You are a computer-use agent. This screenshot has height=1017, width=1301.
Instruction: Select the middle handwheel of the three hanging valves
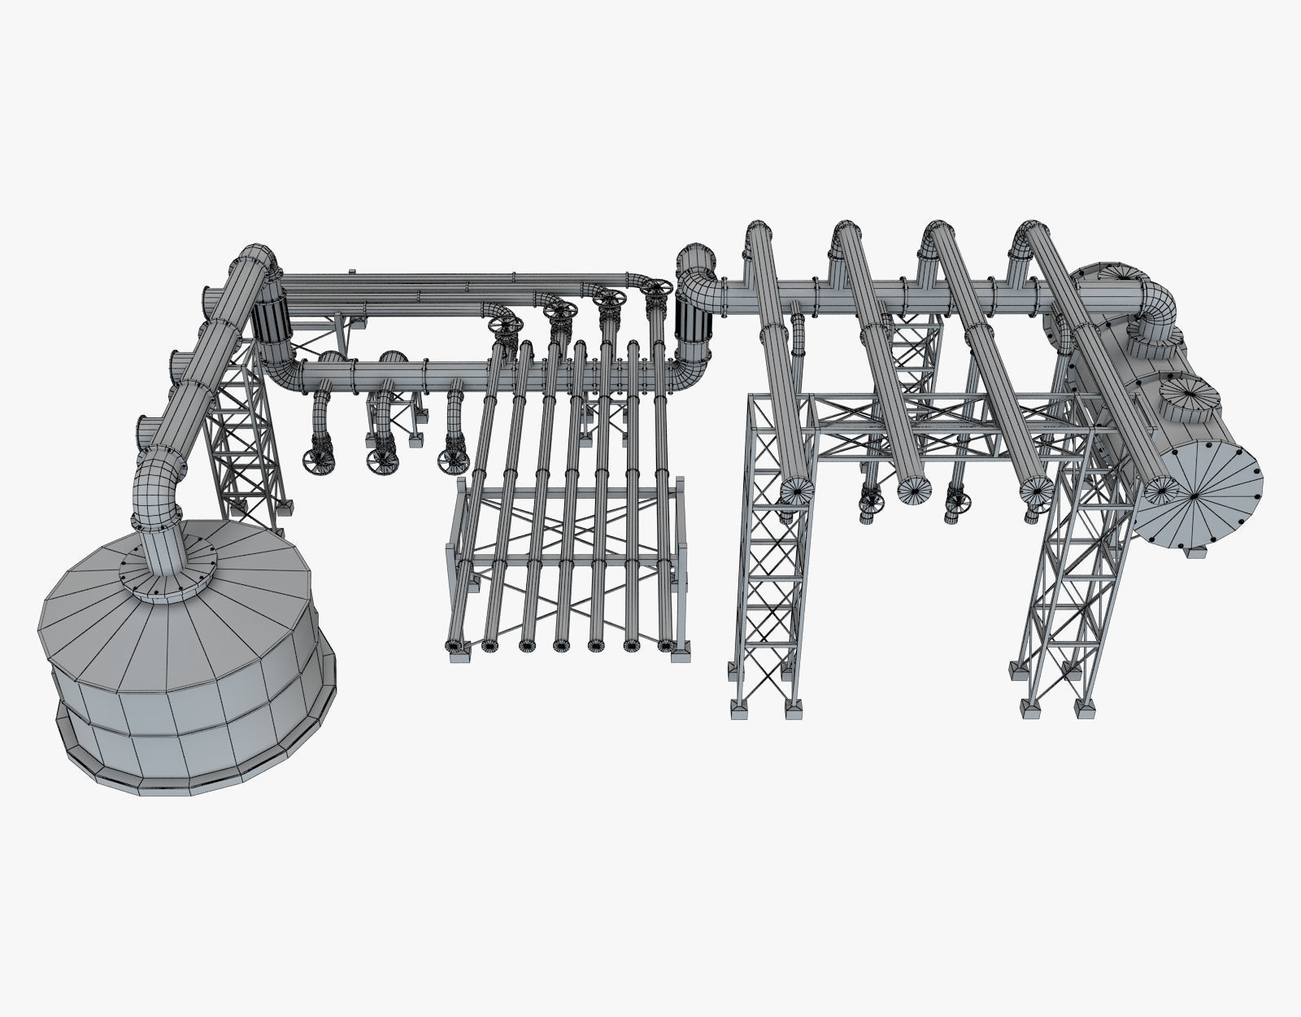point(382,460)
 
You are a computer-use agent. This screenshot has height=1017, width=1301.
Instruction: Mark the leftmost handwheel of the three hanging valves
point(319,460)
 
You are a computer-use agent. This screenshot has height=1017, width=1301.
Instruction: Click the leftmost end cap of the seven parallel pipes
point(452,645)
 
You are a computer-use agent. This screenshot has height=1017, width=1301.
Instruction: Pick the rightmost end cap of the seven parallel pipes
point(665,646)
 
